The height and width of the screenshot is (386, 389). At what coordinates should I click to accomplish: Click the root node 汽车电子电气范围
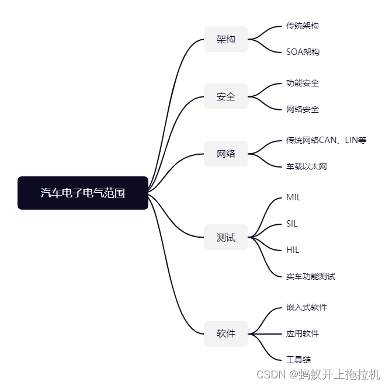[x=83, y=193]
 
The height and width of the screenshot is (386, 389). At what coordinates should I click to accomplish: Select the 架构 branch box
[x=226, y=39]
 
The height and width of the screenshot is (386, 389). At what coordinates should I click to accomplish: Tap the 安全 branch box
[x=226, y=96]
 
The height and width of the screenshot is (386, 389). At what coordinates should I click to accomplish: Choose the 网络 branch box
[x=226, y=154]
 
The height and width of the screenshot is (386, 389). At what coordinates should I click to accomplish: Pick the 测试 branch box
[x=226, y=237]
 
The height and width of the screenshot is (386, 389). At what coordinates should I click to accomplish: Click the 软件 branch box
[x=226, y=333]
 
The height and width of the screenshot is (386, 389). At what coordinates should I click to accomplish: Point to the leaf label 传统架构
[x=303, y=26]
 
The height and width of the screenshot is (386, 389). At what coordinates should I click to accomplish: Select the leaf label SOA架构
[x=303, y=52]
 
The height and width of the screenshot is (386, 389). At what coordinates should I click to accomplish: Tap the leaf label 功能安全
[x=303, y=83]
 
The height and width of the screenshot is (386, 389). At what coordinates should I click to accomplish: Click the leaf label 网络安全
[x=303, y=109]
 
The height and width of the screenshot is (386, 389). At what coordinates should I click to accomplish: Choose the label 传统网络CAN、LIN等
[x=326, y=140]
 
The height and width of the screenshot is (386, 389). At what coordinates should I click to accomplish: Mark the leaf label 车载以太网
[x=307, y=166]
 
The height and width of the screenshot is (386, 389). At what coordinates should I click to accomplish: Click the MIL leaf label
[x=293, y=197]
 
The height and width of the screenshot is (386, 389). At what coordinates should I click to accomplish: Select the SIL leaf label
[x=292, y=224]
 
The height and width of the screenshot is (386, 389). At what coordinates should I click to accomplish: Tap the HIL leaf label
[x=293, y=250]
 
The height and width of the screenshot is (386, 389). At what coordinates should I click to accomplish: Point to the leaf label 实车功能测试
[x=311, y=276]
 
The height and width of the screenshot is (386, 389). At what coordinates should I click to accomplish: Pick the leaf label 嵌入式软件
[x=307, y=307]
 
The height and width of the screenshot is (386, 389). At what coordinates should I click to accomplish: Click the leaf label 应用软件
[x=303, y=333]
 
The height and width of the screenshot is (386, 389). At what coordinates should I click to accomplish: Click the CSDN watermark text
[x=318, y=374]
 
